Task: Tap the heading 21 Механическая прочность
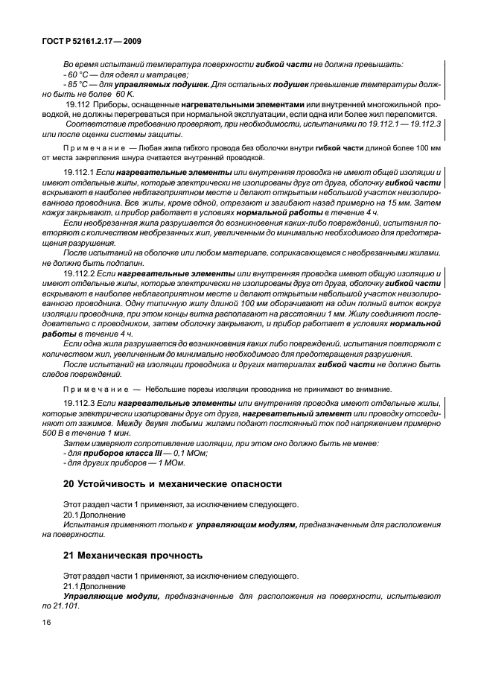click(x=136, y=556)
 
